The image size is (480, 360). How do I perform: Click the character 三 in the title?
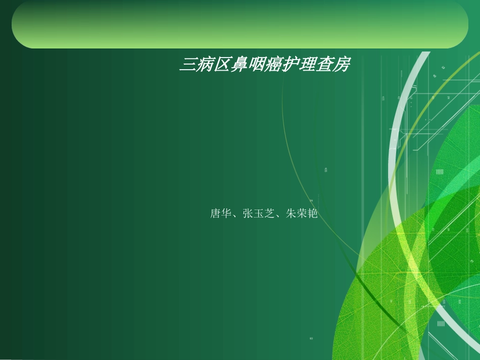tap(188, 65)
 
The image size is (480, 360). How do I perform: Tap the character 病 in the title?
tap(205, 65)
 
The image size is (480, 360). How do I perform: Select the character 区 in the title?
tap(222, 65)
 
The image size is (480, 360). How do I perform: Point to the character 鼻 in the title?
tap(239, 65)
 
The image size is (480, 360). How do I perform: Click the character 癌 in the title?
tap(273, 65)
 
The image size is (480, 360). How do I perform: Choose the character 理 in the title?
tap(307, 65)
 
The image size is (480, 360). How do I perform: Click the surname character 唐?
tap(215, 214)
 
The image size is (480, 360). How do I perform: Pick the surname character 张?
tap(248, 214)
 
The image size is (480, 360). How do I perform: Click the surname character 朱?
tap(291, 214)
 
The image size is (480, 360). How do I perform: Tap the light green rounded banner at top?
tap(239, 24)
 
